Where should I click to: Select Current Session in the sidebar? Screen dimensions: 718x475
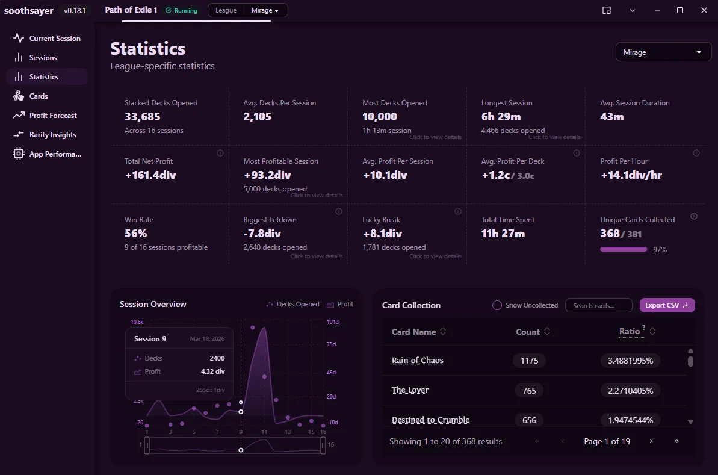[47, 39]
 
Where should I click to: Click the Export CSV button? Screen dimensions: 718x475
[667, 305]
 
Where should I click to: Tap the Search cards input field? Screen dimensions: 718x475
[598, 305]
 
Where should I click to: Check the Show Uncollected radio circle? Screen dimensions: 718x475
[497, 305]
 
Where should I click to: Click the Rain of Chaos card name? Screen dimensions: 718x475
[418, 361]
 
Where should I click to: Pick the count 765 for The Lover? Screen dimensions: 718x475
[529, 391]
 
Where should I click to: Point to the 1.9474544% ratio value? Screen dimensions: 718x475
[631, 420]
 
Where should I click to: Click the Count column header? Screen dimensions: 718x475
[528, 332]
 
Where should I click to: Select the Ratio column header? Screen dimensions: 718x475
[630, 331]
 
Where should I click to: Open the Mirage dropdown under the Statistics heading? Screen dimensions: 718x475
[663, 52]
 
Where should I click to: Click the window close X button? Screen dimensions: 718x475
[704, 10]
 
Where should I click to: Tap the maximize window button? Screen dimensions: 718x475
[680, 10]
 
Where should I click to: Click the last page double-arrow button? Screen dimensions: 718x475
[676, 441]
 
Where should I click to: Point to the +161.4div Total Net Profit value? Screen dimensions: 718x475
[150, 175]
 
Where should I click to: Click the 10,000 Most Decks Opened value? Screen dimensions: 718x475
[380, 117]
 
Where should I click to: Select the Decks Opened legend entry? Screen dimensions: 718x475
[292, 304]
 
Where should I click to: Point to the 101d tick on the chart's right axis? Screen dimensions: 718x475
[332, 322]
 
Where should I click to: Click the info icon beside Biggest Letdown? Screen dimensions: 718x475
[339, 212]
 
